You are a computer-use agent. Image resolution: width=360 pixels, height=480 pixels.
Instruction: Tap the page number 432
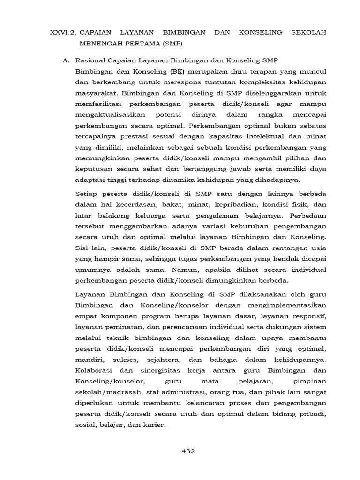187,451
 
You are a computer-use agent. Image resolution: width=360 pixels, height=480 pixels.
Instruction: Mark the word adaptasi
89,180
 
